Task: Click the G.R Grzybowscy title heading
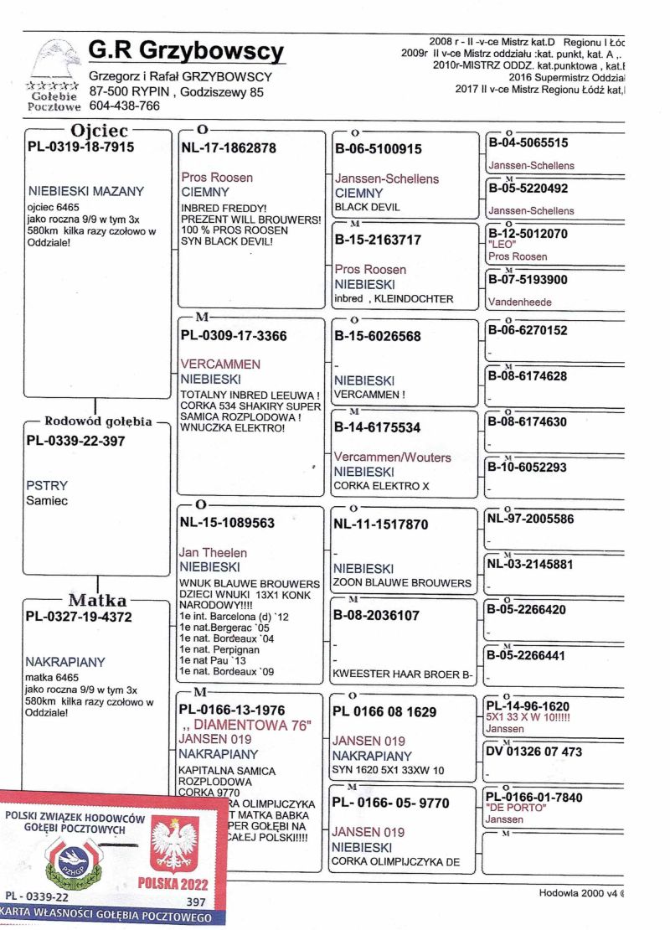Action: pyautogui.click(x=187, y=52)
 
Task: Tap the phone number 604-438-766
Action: pyautogui.click(x=124, y=106)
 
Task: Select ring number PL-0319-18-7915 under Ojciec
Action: pyautogui.click(x=80, y=147)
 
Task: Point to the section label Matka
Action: pyautogui.click(x=97, y=600)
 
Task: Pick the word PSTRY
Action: pyautogui.click(x=48, y=485)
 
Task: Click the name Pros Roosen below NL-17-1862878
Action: pyautogui.click(x=217, y=178)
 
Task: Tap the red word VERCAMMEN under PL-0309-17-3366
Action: pyautogui.click(x=220, y=364)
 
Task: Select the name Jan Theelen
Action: pyautogui.click(x=213, y=553)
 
